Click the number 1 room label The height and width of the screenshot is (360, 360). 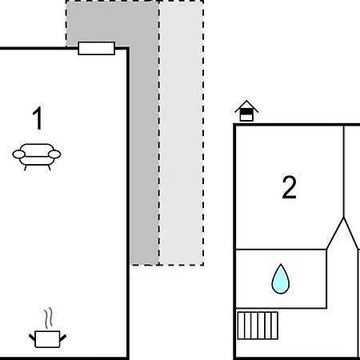point(38,118)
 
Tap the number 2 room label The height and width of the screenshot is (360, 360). point(289,187)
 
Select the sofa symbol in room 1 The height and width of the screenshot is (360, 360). point(37,157)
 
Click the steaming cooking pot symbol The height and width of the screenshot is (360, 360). point(47,328)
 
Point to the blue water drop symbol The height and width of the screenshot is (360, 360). point(281,279)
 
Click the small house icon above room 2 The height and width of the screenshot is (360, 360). point(246,111)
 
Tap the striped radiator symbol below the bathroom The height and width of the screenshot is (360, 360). point(258,326)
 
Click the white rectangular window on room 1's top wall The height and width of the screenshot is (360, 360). point(97,48)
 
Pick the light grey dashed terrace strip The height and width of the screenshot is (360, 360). point(182,134)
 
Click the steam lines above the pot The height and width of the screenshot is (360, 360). point(48,318)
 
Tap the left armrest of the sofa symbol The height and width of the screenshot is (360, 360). point(19,154)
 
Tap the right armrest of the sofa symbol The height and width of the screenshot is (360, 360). point(54,154)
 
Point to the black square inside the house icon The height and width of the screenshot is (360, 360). point(246,111)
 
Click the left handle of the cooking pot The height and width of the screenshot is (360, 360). point(32,338)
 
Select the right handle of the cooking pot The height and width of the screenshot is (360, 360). point(63,338)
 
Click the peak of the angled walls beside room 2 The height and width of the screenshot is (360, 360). point(344,218)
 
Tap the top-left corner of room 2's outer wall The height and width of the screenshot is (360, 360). point(234,125)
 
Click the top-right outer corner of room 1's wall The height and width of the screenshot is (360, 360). point(129,47)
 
